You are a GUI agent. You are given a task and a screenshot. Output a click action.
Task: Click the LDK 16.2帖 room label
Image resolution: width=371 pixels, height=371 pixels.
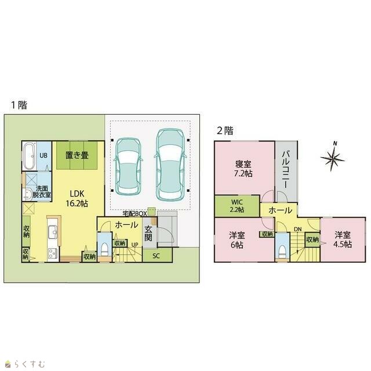pos(77,198)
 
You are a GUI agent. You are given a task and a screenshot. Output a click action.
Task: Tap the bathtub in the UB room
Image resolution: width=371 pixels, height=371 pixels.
pos(29,156)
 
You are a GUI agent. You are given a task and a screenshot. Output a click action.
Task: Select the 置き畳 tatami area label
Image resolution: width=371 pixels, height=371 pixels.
pos(77,155)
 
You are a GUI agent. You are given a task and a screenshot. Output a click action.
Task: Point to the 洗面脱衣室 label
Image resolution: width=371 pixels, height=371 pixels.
pos(42,192)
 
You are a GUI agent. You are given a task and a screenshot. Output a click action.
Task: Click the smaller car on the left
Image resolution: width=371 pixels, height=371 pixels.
pos(128,166)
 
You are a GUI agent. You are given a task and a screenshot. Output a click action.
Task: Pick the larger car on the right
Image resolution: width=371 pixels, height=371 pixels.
pos(170,165)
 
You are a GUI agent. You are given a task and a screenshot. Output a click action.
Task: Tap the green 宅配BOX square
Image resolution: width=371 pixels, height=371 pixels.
pos(151,211)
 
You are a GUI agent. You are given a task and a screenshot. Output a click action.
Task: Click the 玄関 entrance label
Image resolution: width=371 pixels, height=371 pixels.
pos(148,233)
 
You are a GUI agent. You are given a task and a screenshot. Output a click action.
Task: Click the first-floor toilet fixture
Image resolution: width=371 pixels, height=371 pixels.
pos(104,249)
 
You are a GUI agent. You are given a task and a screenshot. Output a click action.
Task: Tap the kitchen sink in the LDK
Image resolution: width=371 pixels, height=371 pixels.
pos(53,231)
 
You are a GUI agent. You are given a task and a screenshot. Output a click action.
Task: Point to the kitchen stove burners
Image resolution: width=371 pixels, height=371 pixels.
pos(52,254)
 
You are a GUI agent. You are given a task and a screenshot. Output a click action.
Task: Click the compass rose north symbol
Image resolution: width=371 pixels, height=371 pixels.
pos(332,157)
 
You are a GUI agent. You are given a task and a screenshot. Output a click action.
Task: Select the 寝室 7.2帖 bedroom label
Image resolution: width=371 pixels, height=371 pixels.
pos(243,169)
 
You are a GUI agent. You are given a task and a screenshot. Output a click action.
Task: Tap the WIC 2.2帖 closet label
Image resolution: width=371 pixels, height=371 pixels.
pos(237,206)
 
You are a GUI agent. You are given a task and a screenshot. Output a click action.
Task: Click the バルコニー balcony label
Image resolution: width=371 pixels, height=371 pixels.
pos(286,170)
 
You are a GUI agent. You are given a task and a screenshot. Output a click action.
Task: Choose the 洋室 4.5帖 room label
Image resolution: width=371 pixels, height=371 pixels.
pos(343,239)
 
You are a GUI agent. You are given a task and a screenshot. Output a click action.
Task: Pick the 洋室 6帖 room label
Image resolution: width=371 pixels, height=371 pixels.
pos(237,240)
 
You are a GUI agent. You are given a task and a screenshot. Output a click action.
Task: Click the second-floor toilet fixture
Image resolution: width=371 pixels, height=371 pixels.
pos(282,252)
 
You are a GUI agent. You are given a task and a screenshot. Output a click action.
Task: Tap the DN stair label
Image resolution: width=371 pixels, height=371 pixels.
pos(298,229)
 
